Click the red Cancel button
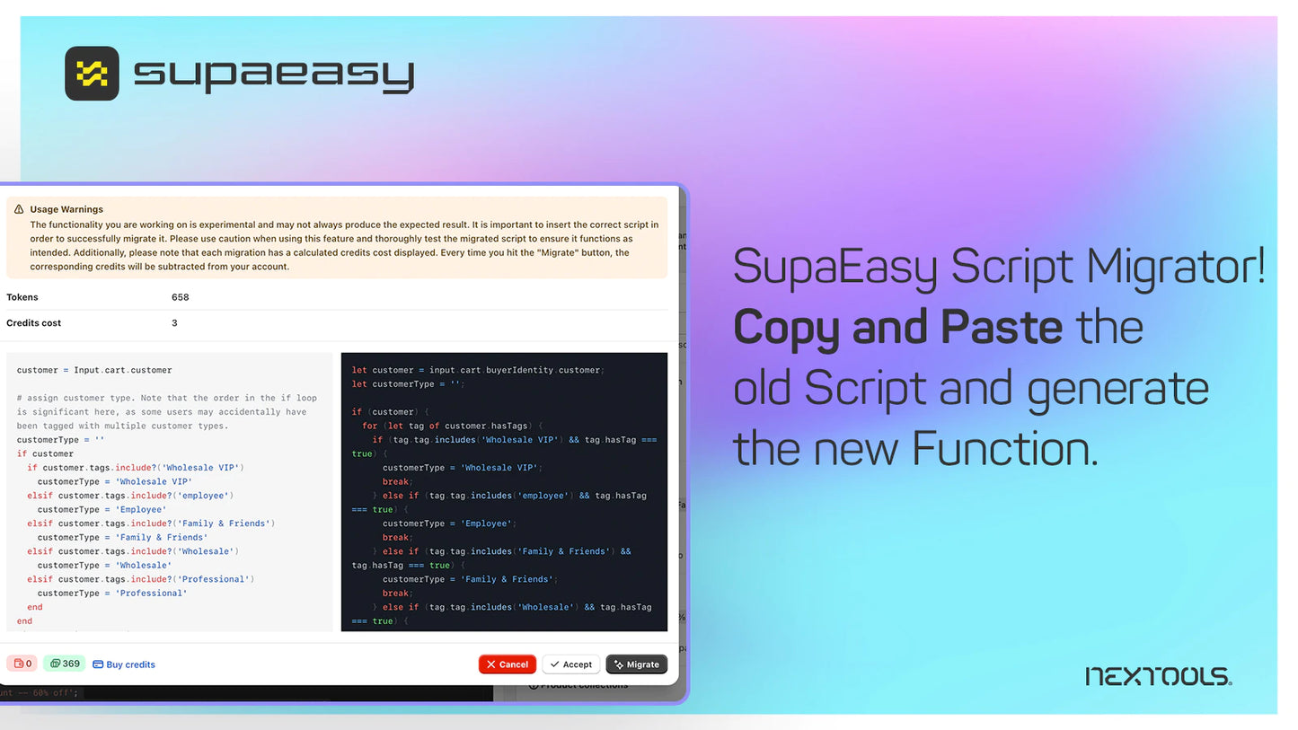508,664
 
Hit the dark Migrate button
636,664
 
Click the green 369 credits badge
65,664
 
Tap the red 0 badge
22,664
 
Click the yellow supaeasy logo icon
92,74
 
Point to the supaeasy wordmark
274,75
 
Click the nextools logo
1159,676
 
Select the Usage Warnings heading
66,209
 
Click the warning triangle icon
19,209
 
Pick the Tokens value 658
180,297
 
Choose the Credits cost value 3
174,323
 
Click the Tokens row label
22,297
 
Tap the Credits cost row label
34,323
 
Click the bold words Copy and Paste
897,327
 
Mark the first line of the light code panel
94,370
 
